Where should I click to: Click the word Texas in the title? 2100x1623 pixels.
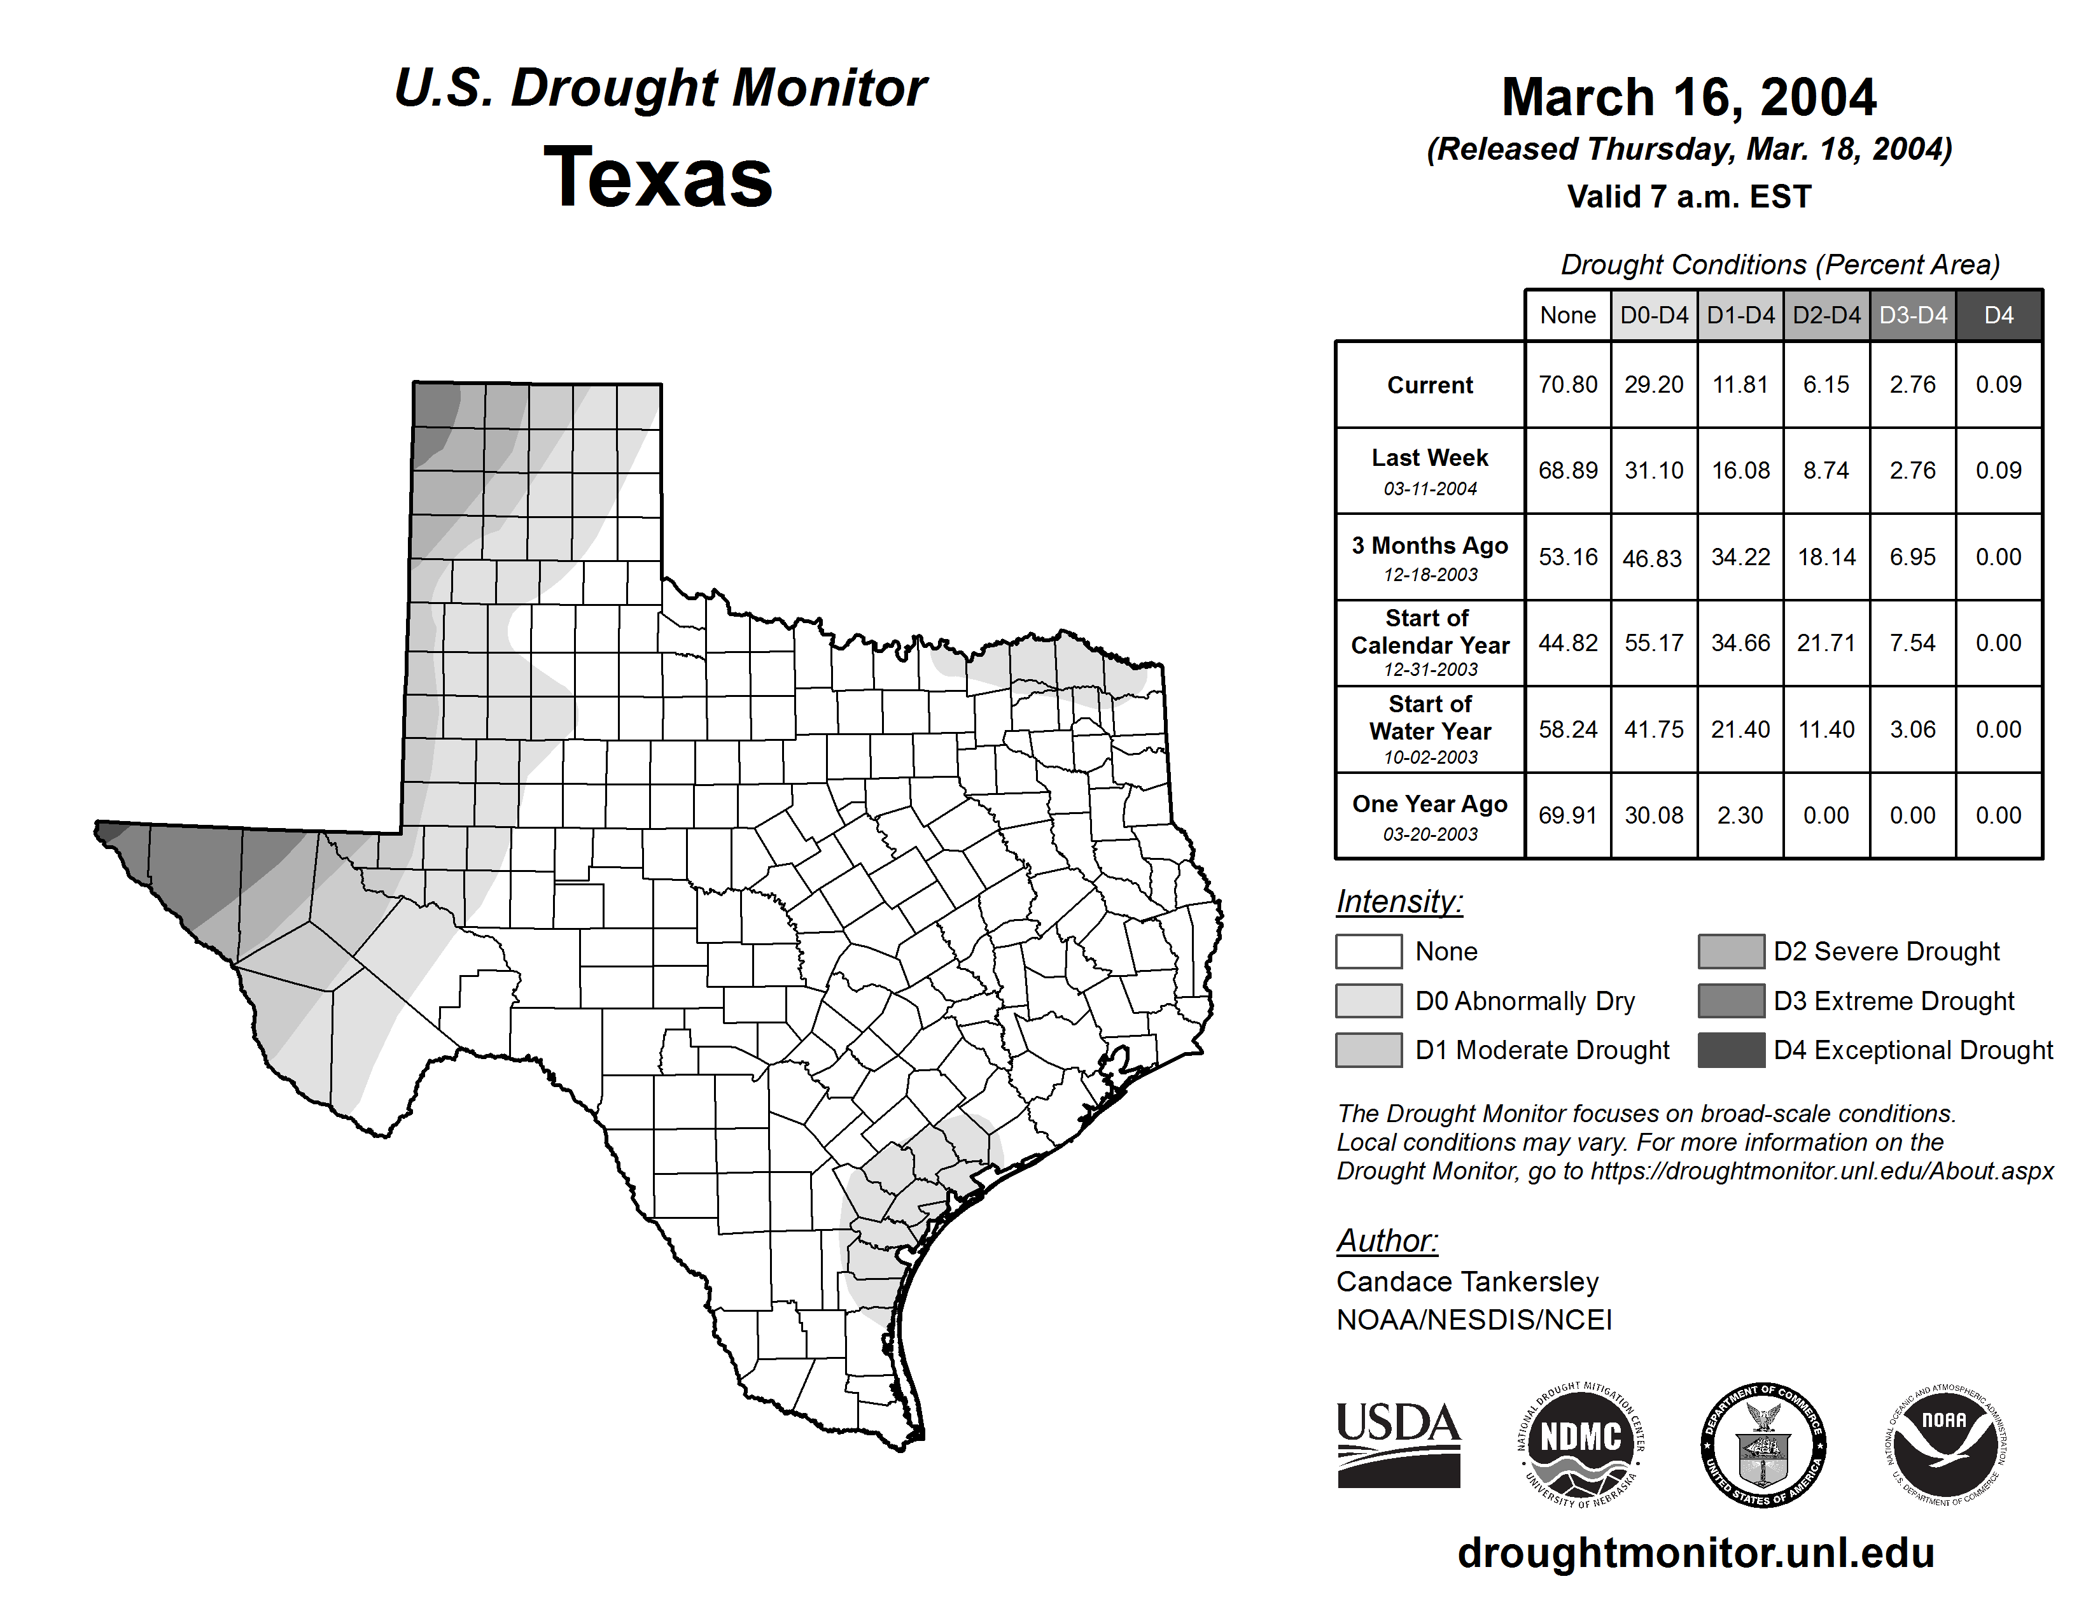coord(658,178)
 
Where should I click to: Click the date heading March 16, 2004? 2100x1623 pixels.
coord(1688,98)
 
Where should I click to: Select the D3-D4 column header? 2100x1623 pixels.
coord(1912,315)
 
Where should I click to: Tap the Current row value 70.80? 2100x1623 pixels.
coord(1567,384)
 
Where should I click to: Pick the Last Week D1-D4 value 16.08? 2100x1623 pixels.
coord(1740,470)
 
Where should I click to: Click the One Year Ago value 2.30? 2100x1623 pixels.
coord(1740,815)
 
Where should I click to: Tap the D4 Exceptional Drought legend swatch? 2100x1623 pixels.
coord(1731,1050)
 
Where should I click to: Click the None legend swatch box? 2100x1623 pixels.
coord(1368,951)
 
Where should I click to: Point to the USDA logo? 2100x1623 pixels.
coord(1398,1444)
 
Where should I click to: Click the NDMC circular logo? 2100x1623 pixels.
coord(1581,1444)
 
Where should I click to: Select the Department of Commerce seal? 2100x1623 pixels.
coord(1763,1444)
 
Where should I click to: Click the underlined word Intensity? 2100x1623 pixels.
coord(1399,902)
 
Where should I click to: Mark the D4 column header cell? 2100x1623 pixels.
coord(1999,315)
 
